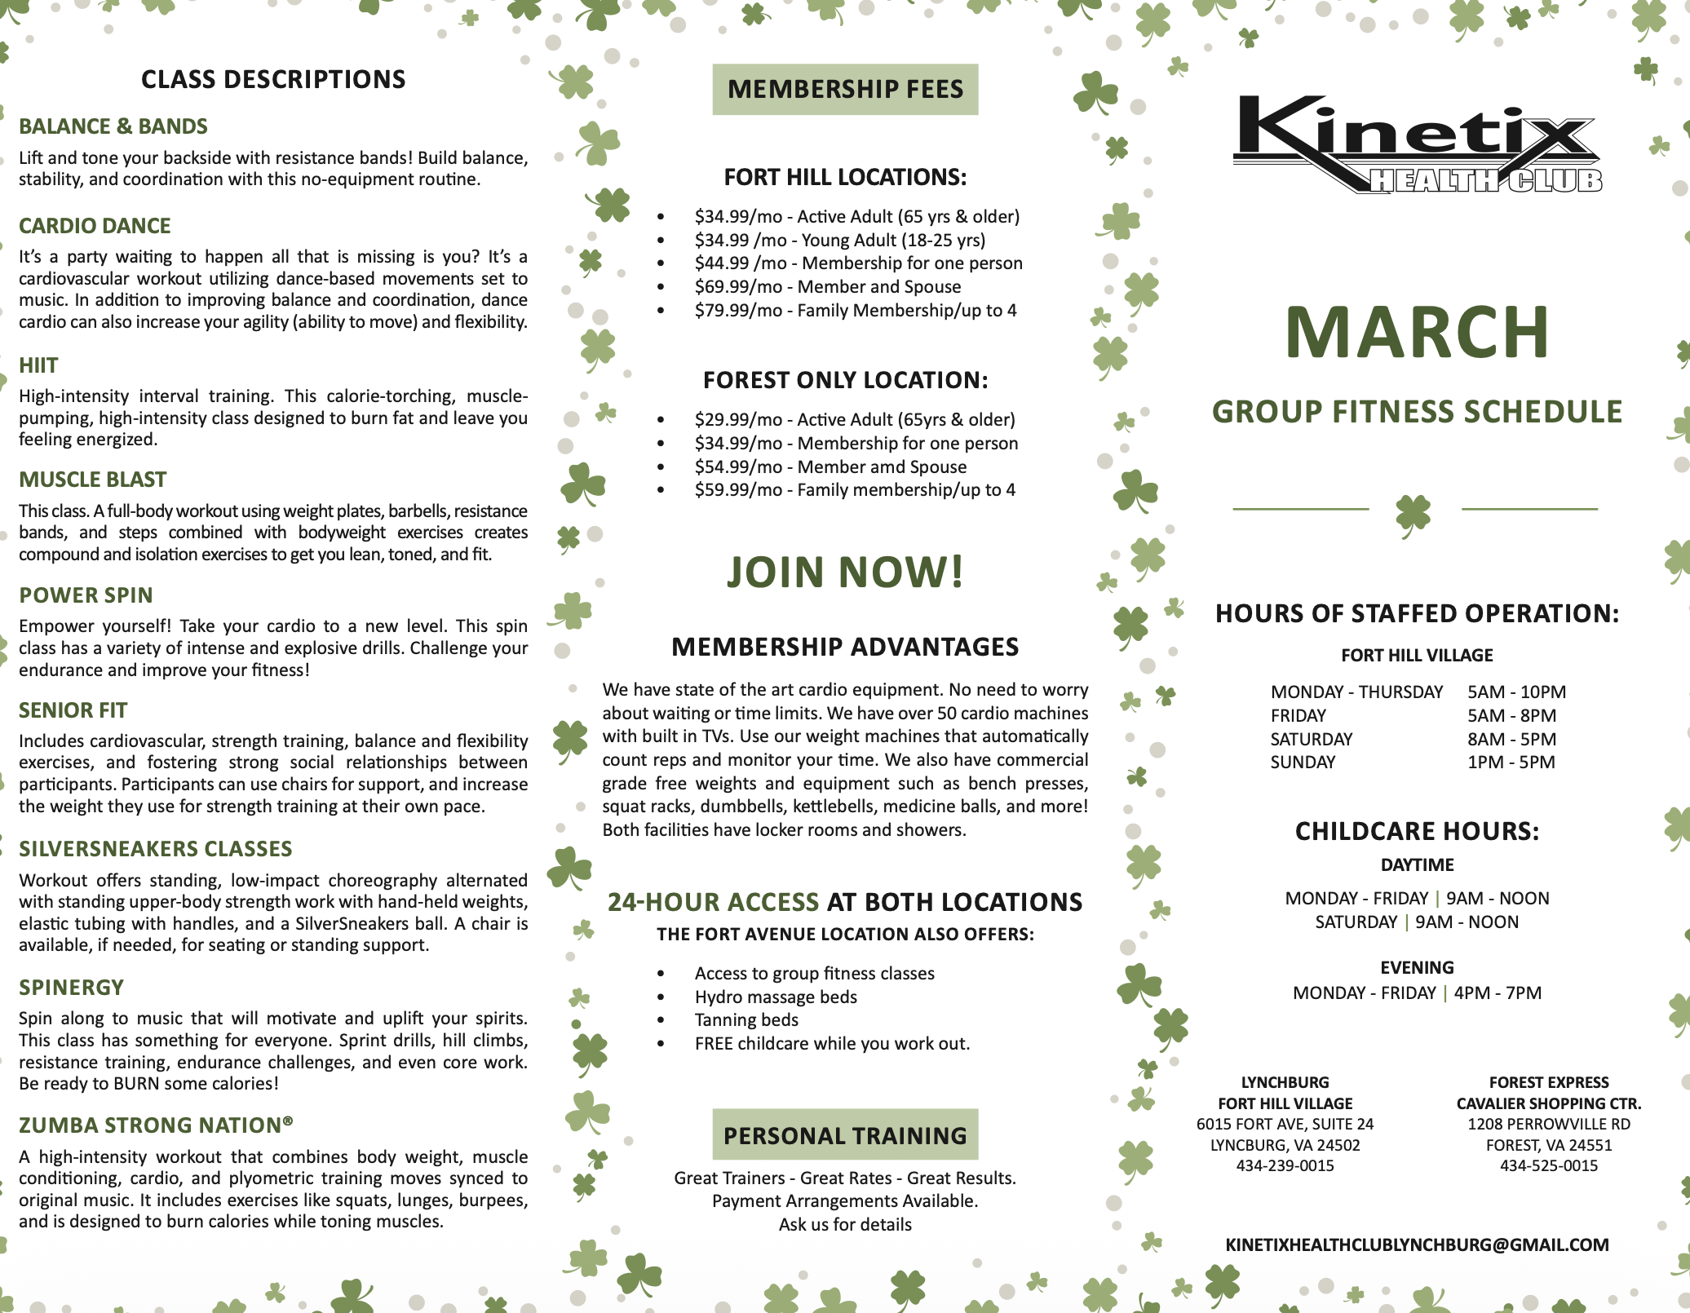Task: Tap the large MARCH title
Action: click(1417, 332)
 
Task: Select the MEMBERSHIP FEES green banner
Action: click(845, 89)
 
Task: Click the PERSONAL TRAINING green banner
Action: click(845, 1134)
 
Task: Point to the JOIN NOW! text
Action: click(845, 572)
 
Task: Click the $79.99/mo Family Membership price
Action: click(855, 311)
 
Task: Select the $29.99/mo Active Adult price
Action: click(854, 420)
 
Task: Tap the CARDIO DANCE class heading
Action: click(95, 226)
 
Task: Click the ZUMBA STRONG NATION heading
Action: click(156, 1125)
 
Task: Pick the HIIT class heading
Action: click(38, 365)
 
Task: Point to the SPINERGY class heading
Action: click(72, 988)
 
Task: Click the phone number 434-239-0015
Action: click(1285, 1165)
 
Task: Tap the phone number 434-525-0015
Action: click(1548, 1165)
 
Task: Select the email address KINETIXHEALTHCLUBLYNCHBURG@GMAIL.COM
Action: click(1417, 1244)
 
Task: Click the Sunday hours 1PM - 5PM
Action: click(1511, 763)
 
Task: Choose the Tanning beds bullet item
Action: click(746, 1020)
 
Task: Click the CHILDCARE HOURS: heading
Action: click(1417, 831)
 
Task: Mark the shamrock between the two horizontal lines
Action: click(1413, 514)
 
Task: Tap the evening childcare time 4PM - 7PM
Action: click(1498, 993)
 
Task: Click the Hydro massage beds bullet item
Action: click(776, 997)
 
